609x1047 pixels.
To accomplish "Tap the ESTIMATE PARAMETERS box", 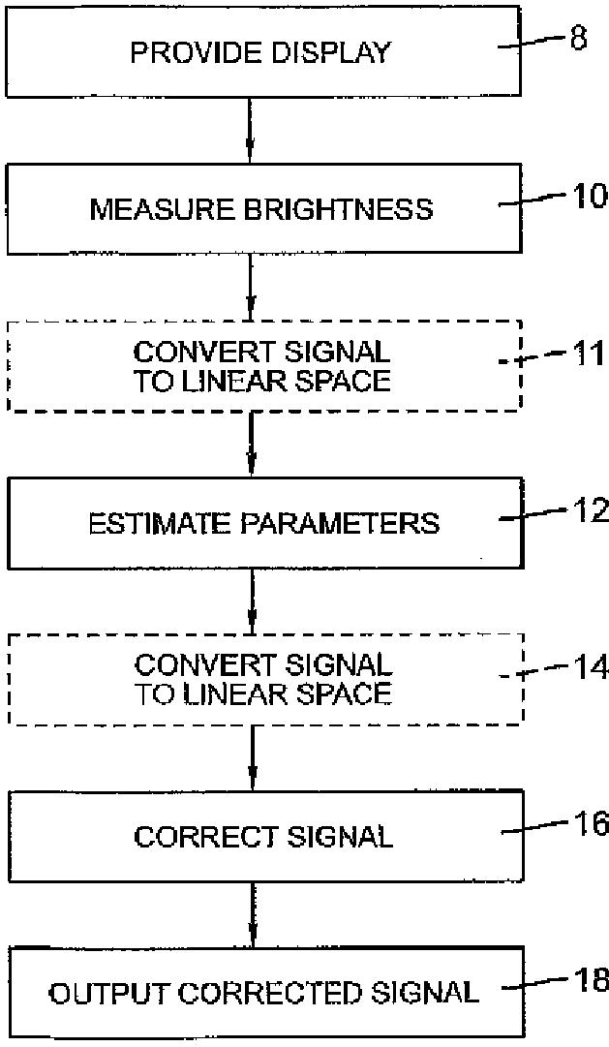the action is coord(261,523).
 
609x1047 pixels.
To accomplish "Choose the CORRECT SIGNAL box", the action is coord(261,836).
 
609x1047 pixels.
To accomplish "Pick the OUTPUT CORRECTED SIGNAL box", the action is coord(261,993).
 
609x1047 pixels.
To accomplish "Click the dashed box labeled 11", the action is coord(261,366).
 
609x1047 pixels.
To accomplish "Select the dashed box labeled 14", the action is coord(261,680).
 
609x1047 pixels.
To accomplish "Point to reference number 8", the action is coord(578,41).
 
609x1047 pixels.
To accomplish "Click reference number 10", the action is coord(588,197).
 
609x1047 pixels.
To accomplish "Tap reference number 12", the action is coord(588,509).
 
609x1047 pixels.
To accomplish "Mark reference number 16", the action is coord(588,823).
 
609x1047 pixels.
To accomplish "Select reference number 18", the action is coord(588,980).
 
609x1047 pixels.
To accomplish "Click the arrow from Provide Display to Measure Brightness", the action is coord(251,130).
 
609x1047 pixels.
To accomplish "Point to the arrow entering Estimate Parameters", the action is coord(251,444).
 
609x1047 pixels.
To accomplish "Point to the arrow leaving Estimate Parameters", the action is coord(251,600).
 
